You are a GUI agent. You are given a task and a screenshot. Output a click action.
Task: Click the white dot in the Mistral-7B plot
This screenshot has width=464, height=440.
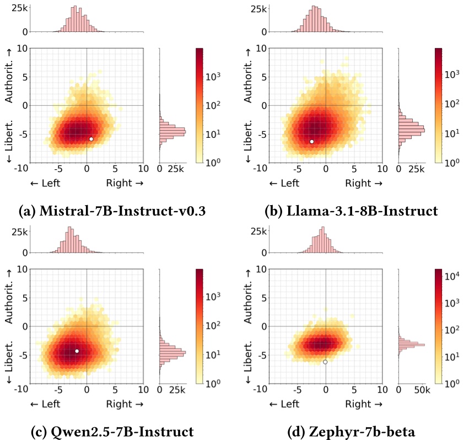coord(91,139)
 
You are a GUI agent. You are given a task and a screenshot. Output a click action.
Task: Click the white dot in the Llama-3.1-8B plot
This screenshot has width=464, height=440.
coord(312,142)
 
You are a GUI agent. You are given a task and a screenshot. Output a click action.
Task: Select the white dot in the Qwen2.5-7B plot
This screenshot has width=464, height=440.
coord(77,351)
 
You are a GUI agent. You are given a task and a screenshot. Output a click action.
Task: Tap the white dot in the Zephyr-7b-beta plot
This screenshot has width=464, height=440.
coord(325,362)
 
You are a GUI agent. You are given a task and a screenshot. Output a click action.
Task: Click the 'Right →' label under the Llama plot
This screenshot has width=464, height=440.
coord(364,184)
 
